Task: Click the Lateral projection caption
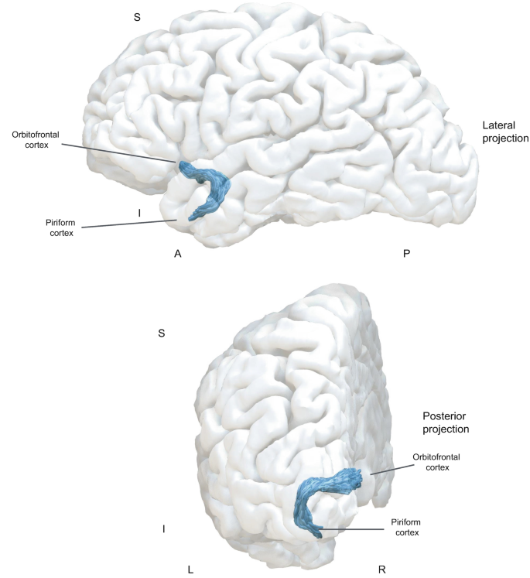coord(504,132)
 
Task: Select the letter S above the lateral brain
coord(137,17)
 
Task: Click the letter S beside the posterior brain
coord(161,333)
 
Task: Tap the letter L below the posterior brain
coord(190,569)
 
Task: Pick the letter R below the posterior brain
coord(381,569)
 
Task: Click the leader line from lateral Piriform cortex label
coord(128,224)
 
